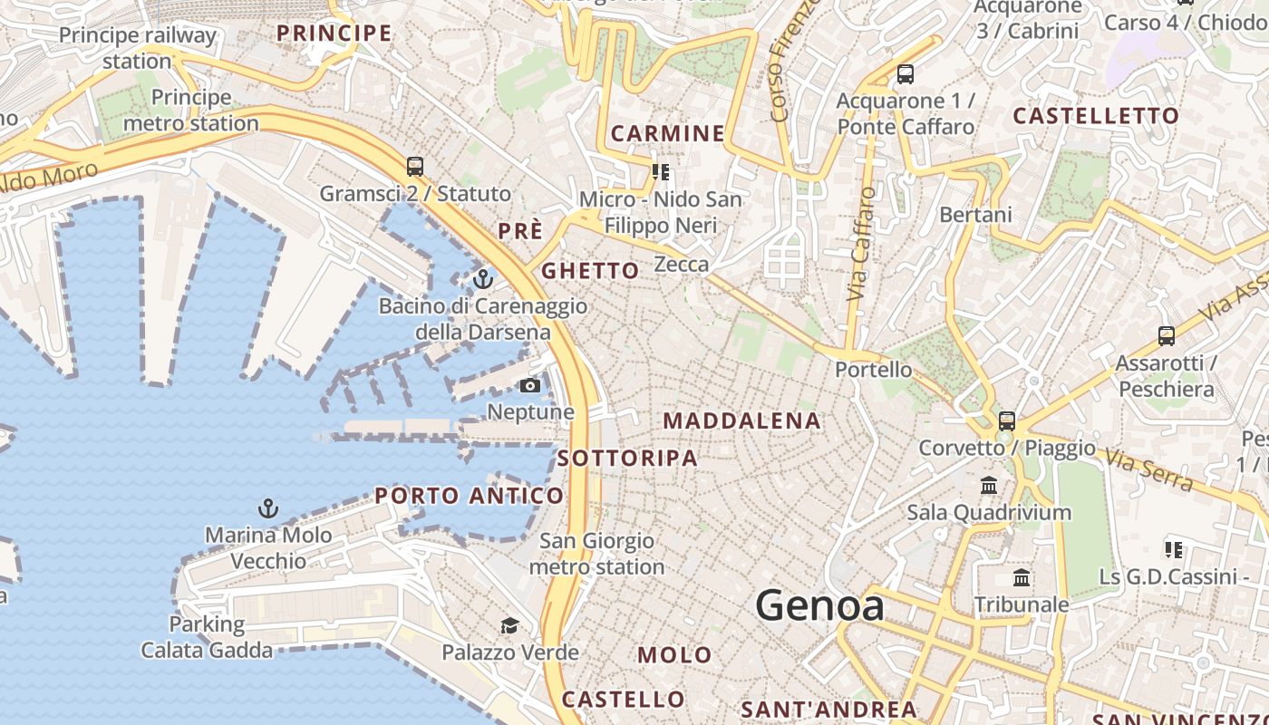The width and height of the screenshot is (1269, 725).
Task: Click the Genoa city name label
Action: pos(819,605)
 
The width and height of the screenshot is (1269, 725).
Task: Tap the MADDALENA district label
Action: pos(741,420)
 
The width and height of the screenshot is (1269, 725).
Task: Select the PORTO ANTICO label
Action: pos(469,496)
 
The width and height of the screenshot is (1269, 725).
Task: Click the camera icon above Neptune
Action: pos(530,386)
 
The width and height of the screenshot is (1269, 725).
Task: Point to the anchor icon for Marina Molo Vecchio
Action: pos(267,508)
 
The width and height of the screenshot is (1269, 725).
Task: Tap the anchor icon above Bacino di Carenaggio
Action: pos(483,278)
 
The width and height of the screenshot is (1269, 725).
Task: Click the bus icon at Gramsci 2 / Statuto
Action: pos(415,167)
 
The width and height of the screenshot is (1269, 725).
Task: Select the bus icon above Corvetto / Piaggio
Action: pos(1007,420)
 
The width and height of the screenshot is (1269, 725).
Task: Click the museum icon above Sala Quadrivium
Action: pos(989,486)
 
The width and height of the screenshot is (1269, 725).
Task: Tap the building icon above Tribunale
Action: pos(1022,577)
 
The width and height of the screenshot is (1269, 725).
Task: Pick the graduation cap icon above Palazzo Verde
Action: pos(509,625)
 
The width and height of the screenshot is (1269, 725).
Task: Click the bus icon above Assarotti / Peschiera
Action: pos(1167,336)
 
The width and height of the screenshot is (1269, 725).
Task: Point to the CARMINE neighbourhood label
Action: pos(667,134)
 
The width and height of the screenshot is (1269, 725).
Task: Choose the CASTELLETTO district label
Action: pos(1095,116)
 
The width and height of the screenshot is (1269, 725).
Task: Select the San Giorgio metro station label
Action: pos(596,554)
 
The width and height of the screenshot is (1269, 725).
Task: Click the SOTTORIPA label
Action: pos(627,459)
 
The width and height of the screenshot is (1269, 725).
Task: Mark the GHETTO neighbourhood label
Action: pos(590,271)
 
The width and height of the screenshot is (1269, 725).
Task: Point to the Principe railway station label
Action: pos(137,48)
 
